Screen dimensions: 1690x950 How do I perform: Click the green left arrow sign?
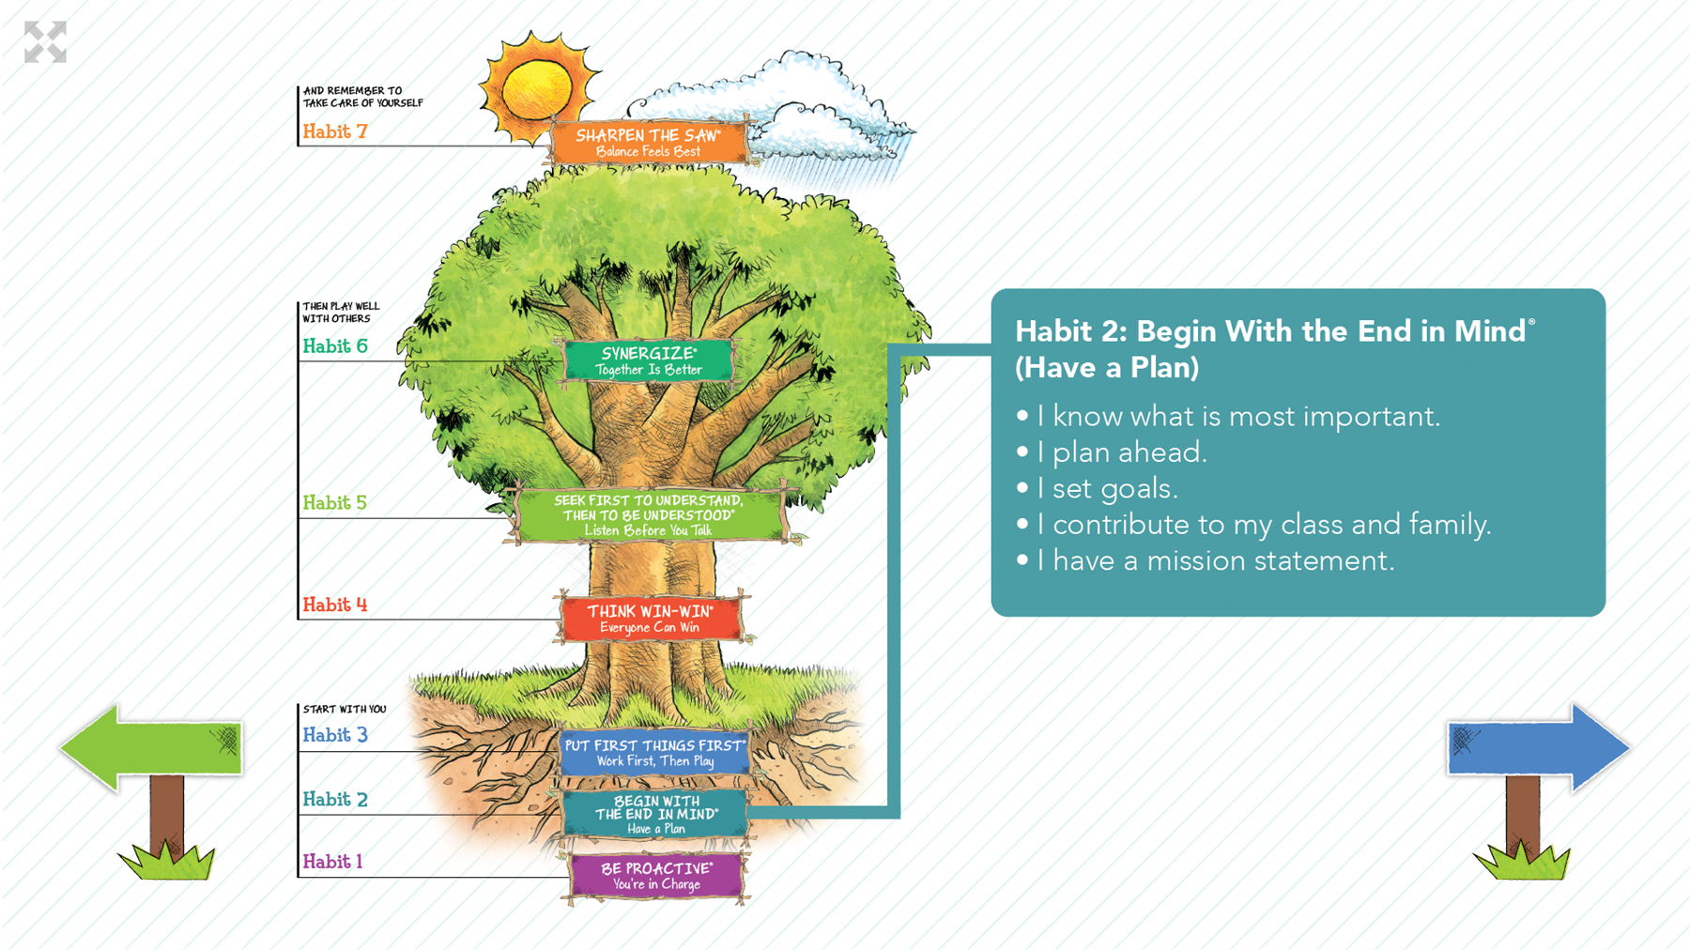(150, 748)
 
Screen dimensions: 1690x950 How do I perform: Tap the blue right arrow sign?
(1538, 748)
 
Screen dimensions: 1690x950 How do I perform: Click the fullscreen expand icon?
(45, 42)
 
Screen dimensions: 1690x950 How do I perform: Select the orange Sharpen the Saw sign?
(649, 142)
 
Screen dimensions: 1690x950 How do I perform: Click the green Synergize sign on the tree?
(649, 360)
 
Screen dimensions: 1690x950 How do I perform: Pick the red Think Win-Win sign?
(651, 619)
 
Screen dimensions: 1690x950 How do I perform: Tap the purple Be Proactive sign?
(656, 876)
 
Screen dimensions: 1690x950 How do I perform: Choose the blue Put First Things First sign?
(655, 753)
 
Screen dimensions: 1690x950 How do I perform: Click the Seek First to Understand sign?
(649, 514)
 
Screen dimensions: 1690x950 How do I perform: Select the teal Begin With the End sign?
(655, 814)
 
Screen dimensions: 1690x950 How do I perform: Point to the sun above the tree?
(537, 89)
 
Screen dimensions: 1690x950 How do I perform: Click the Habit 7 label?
(335, 131)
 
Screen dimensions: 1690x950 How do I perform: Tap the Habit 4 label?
(335, 605)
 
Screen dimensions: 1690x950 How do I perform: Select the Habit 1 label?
(332, 861)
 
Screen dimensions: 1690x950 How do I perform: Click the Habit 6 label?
(335, 346)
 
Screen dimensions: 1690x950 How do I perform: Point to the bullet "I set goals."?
(1097, 488)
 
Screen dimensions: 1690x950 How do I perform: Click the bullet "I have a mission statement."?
(1205, 560)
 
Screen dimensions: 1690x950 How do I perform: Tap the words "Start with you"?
(345, 709)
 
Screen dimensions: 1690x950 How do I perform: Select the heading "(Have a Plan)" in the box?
(1107, 367)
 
